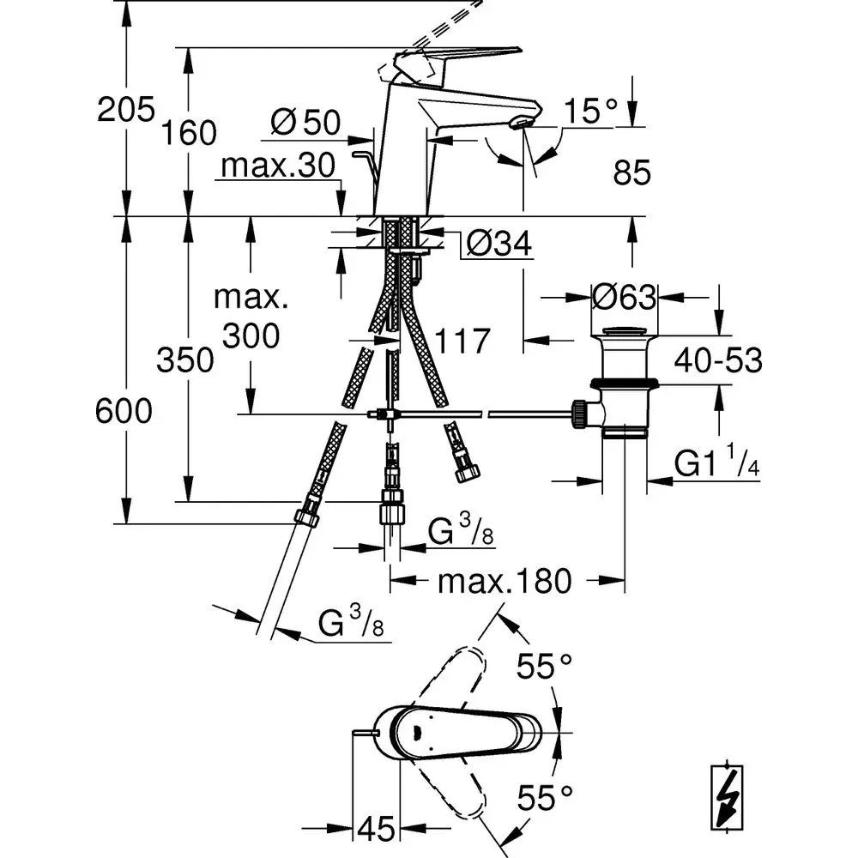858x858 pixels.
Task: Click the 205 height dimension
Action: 126,110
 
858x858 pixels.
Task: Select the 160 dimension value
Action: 189,133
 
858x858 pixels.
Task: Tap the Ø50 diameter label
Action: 306,122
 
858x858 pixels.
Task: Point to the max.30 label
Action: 278,165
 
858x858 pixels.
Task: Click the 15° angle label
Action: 590,111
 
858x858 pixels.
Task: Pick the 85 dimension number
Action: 632,172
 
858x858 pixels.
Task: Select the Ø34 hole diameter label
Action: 499,243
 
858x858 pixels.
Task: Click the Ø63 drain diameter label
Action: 625,298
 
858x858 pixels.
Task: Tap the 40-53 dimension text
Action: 718,360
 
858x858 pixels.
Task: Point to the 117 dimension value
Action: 462,341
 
